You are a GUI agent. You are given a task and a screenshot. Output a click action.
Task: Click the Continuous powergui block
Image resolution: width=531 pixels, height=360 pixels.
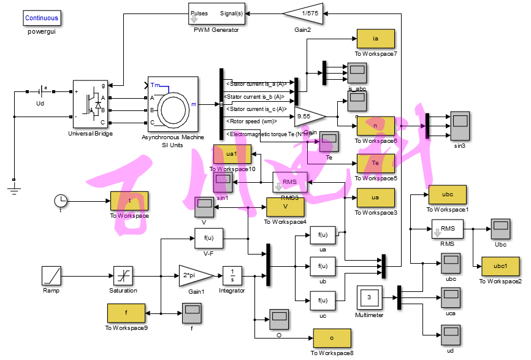[x=42, y=18]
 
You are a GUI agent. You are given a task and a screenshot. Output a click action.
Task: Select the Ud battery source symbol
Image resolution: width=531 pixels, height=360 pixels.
[x=40, y=91]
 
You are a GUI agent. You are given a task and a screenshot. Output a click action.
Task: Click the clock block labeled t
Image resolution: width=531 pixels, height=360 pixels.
[x=61, y=201]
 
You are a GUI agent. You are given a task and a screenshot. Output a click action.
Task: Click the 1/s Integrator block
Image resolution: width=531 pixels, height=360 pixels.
[x=232, y=275]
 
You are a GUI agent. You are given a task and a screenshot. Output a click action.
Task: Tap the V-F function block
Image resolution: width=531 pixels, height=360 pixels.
[x=208, y=238]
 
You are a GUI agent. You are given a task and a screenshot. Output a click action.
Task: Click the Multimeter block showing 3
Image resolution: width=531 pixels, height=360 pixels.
[x=369, y=297]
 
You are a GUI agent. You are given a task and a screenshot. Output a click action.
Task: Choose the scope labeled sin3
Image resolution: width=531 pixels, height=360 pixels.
[x=459, y=124]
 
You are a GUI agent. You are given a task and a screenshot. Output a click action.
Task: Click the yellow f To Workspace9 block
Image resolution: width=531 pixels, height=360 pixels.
[x=126, y=313]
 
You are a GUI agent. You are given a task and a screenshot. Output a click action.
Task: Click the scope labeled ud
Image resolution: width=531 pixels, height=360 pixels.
[x=450, y=335]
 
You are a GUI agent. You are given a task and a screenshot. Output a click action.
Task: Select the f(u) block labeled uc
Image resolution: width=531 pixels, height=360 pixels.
[x=323, y=301]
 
